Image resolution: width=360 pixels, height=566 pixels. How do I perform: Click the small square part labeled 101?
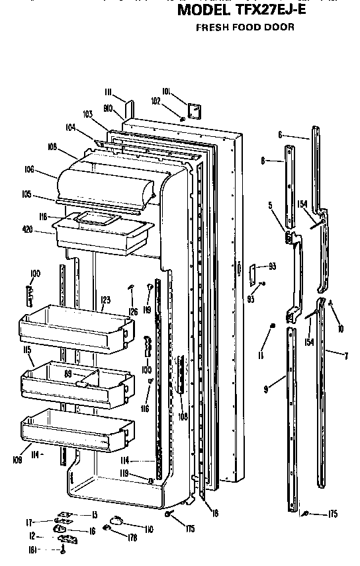coord(195,110)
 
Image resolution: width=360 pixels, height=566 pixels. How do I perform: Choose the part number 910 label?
coord(109,106)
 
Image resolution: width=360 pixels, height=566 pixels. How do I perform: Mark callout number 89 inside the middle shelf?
coord(67,374)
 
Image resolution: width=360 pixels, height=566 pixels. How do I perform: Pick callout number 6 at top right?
coord(281,135)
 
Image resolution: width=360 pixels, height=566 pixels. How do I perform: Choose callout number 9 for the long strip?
coord(265,389)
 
